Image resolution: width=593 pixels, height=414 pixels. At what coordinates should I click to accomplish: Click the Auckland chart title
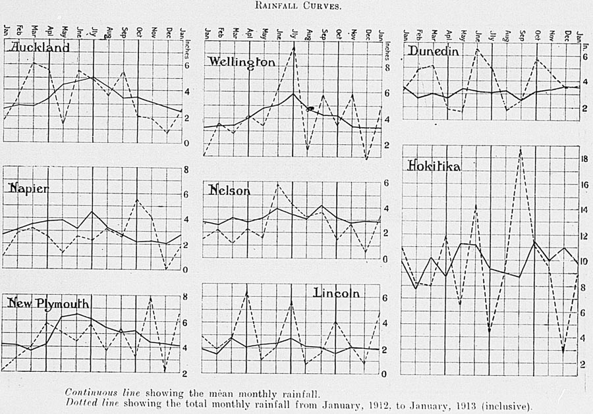[38, 48]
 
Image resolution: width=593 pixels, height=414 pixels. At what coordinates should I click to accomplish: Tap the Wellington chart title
[242, 61]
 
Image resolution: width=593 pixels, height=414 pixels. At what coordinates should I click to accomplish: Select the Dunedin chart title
[433, 51]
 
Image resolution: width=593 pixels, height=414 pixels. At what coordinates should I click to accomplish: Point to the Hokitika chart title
[434, 166]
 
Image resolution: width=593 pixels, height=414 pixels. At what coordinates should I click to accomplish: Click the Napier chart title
[28, 188]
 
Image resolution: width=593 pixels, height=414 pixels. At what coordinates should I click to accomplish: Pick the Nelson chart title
[229, 190]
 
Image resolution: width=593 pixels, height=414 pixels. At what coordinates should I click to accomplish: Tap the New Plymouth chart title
[47, 303]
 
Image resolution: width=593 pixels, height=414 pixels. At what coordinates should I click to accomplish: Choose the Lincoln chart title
[337, 293]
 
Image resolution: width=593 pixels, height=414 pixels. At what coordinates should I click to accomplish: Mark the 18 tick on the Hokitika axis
[582, 159]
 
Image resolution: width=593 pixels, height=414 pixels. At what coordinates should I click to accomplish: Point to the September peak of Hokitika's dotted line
[521, 151]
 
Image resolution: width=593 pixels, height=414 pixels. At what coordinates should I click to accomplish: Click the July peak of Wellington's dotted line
[294, 47]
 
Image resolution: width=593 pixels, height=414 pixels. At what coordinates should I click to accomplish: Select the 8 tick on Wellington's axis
[387, 68]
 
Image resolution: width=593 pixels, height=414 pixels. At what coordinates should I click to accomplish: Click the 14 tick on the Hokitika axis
[582, 211]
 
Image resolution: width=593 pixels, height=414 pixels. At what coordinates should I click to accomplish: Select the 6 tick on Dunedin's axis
[583, 57]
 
